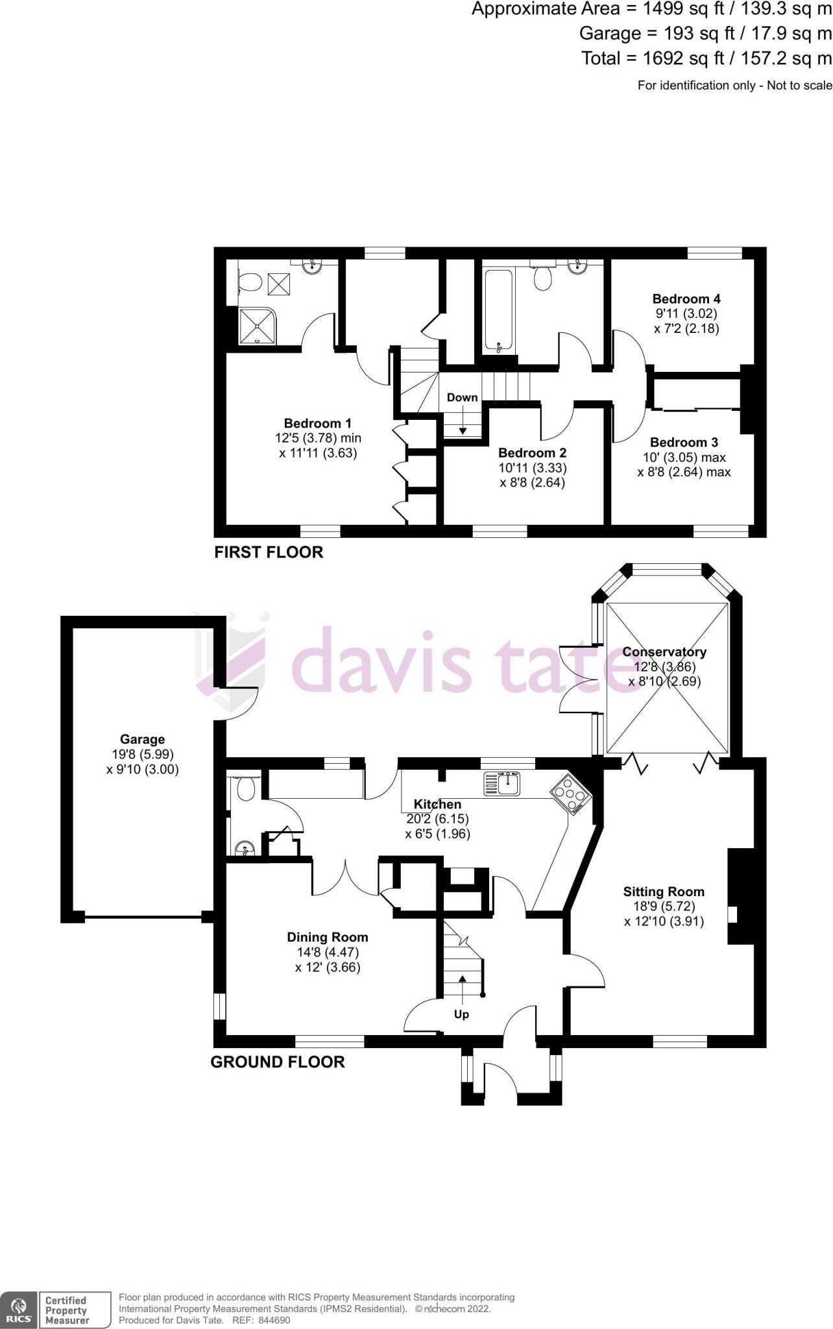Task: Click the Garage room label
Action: click(142, 739)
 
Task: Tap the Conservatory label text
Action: click(664, 652)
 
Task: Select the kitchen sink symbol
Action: click(501, 784)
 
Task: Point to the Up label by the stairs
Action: click(461, 1014)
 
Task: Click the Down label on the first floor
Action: click(462, 397)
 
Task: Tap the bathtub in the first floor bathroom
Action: click(498, 310)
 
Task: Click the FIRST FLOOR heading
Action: click(269, 552)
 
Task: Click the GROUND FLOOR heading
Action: click(277, 1062)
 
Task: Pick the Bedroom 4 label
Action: click(686, 299)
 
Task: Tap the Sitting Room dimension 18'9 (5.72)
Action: click(664, 907)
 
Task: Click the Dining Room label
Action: click(327, 937)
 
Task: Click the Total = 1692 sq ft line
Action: click(706, 58)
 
